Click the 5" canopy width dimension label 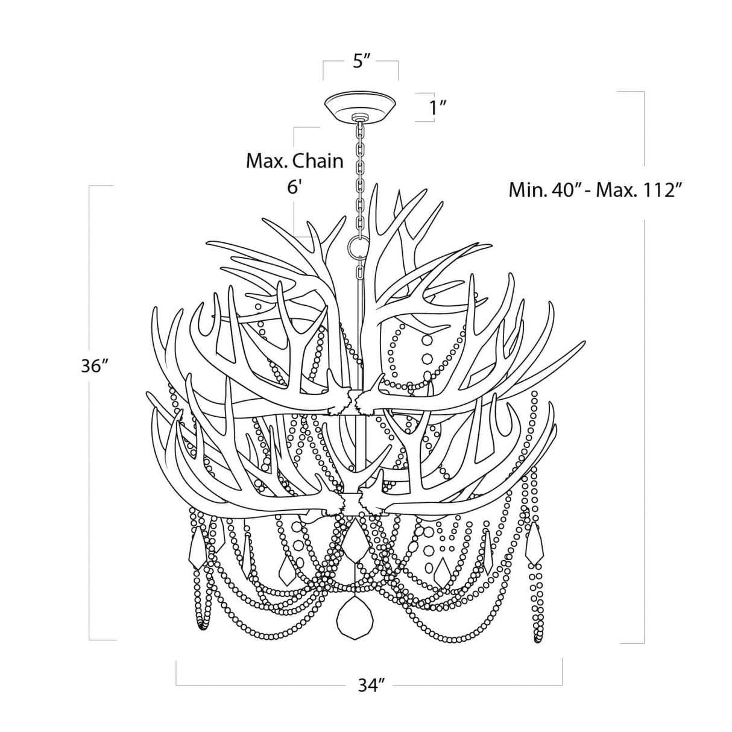[x=361, y=62]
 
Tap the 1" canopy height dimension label [x=438, y=108]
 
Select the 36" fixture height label [x=95, y=366]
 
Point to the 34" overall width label [x=370, y=686]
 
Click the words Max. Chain [x=294, y=161]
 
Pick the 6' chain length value [x=294, y=186]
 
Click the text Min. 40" [x=547, y=191]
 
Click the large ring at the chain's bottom [x=359, y=245]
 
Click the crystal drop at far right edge [x=534, y=544]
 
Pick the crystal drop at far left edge [x=198, y=547]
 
